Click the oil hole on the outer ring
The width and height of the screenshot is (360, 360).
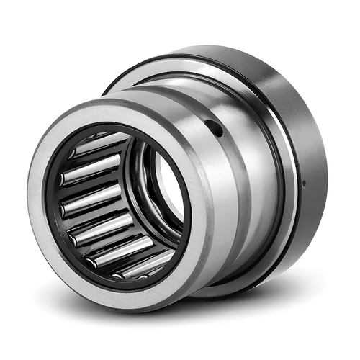tap(215, 129)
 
